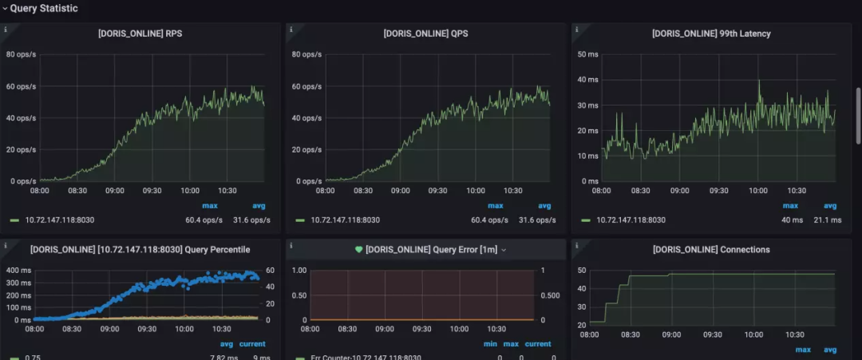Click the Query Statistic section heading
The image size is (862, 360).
point(44,8)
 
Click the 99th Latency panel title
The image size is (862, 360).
point(711,34)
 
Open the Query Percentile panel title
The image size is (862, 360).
point(140,250)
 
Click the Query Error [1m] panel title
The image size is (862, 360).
point(431,250)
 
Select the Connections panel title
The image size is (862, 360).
point(711,250)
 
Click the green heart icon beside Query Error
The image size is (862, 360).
point(358,250)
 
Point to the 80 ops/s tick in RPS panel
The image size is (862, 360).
point(21,54)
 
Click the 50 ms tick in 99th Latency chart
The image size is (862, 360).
point(587,54)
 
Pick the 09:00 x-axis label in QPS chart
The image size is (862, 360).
point(401,192)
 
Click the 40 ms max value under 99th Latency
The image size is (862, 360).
point(791,220)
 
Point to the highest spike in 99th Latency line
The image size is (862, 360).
point(759,81)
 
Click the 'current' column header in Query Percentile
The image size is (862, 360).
point(252,344)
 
